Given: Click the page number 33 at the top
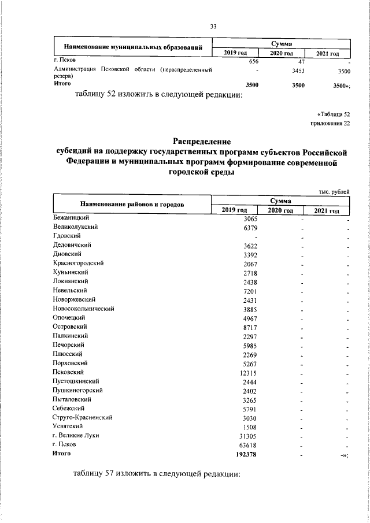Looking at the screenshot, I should (213, 27).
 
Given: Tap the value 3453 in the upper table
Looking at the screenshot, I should (298, 71).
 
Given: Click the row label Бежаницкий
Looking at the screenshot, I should (70, 217).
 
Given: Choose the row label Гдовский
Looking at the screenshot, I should (66, 236).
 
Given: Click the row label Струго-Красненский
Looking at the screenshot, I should (82, 417).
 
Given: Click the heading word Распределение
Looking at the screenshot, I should (202, 141).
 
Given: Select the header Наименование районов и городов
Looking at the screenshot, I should (132, 205).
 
